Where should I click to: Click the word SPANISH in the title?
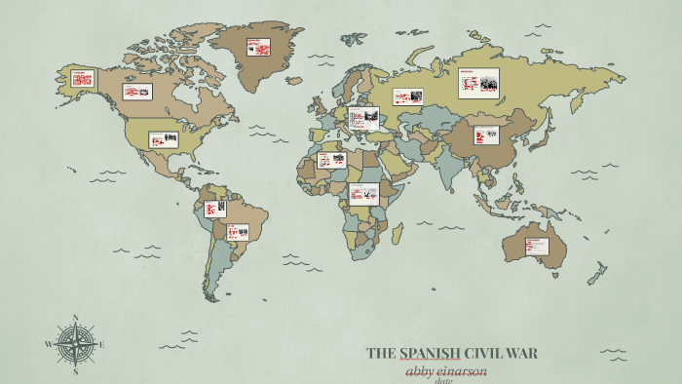coord(425,353)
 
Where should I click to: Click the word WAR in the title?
coord(520,353)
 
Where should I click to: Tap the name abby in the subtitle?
coord(421,370)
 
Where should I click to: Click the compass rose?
coord(75,343)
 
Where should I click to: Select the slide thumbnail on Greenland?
coord(258,47)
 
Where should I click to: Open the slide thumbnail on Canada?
coord(137,92)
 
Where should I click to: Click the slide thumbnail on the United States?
coord(163,139)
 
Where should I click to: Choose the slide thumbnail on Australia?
coord(537,247)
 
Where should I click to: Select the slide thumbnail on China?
coord(486,134)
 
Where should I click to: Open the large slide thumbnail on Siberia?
coord(478,83)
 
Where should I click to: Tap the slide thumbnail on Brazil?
coord(238,232)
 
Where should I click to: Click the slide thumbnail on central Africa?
coord(363,192)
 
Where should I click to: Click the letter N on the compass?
coord(75,317)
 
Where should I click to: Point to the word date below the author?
coord(444,381)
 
